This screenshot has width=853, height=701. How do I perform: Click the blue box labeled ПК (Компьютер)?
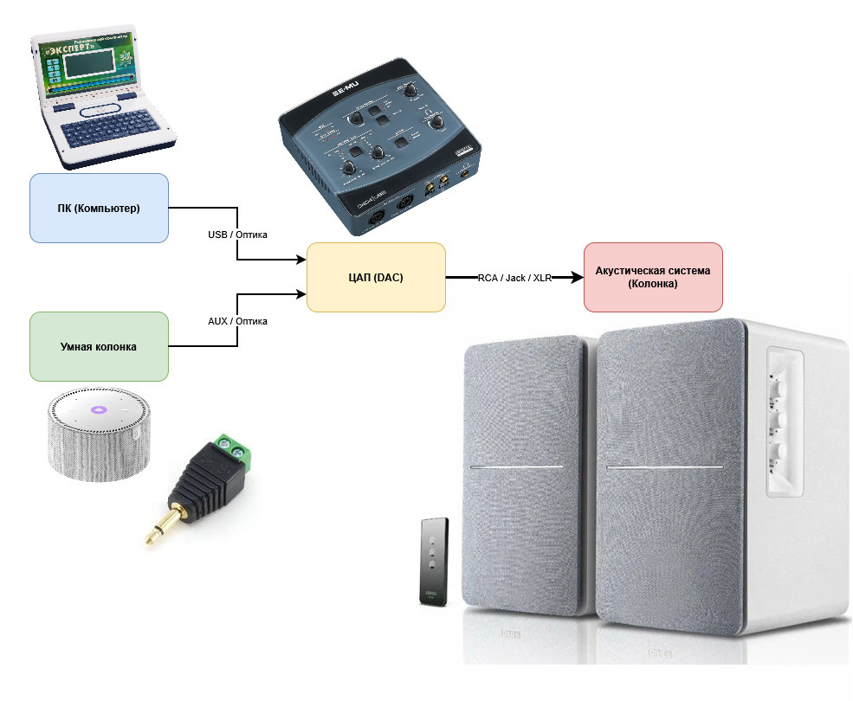[x=99, y=208]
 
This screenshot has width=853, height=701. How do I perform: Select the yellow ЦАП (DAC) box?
[x=376, y=277]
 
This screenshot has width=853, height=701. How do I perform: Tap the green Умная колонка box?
[x=99, y=346]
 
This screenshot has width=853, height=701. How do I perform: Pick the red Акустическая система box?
[x=653, y=277]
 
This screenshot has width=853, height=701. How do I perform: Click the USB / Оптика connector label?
[x=237, y=235]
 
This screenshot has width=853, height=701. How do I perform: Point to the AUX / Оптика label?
[x=237, y=321]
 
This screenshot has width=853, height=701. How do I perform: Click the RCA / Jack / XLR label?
[x=514, y=278]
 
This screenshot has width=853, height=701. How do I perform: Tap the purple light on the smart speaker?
[x=98, y=409]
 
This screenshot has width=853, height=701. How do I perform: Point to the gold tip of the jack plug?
[x=154, y=536]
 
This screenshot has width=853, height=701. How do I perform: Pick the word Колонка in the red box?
[x=653, y=284]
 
